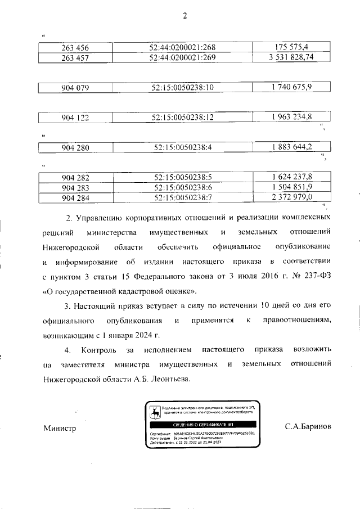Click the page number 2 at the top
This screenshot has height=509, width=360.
click(x=184, y=16)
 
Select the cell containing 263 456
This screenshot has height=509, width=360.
click(x=75, y=47)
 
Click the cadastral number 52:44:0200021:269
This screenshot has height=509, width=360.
click(x=183, y=57)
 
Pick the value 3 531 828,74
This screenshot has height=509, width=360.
click(x=291, y=57)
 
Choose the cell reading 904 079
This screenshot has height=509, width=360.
click(x=75, y=87)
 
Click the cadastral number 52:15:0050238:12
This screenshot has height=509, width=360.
click(x=183, y=118)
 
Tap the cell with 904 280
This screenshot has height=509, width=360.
click(x=75, y=148)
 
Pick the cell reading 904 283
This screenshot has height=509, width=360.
click(x=75, y=187)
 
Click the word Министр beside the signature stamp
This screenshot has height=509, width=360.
click(x=60, y=428)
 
